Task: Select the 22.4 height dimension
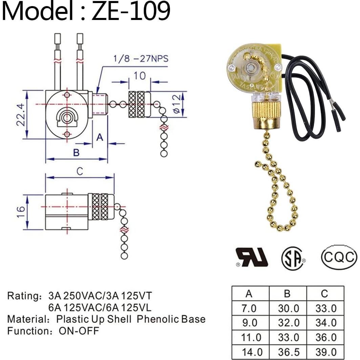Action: pos(21,115)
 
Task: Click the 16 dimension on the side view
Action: pos(21,212)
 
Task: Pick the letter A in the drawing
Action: pos(100,137)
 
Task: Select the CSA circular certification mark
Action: pos(293,259)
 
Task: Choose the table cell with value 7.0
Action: pos(249,309)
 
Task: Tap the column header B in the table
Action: pos(287,293)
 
